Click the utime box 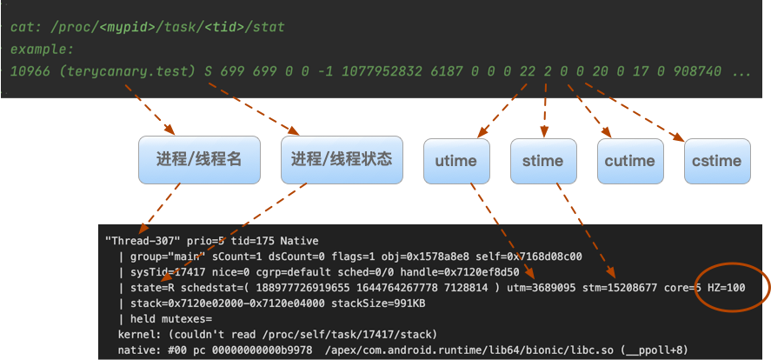[455, 161]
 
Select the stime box [542, 161]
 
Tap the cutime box [629, 161]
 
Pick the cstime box [716, 161]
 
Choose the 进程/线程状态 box [342, 159]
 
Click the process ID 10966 [30, 71]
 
